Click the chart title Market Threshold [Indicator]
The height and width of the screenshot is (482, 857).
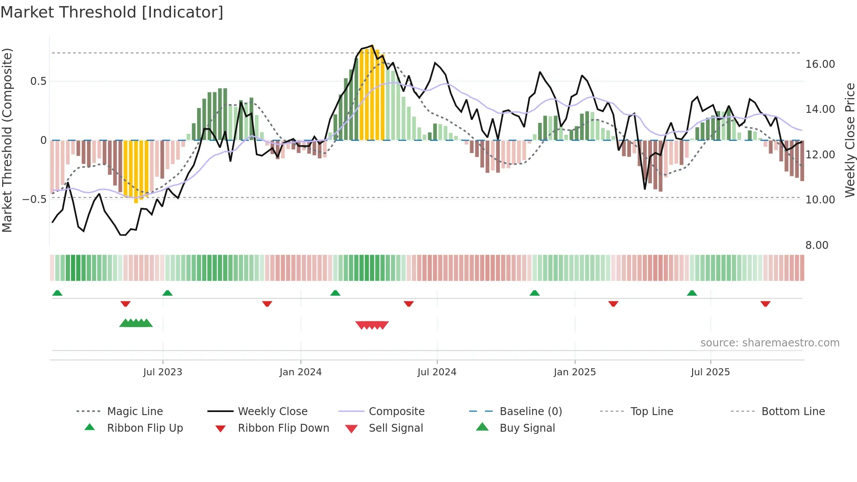click(112, 12)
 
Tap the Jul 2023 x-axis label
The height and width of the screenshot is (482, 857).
click(163, 372)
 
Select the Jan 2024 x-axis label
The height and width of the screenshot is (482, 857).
click(300, 372)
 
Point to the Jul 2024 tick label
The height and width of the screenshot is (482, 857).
click(437, 372)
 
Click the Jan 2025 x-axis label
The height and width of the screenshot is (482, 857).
click(575, 372)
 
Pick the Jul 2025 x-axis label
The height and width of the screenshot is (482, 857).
click(710, 372)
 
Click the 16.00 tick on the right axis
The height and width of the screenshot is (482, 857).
click(820, 64)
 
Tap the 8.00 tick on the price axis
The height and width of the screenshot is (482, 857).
click(817, 245)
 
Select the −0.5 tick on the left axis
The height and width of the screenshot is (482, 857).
click(34, 199)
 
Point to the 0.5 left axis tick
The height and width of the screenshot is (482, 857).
click(38, 81)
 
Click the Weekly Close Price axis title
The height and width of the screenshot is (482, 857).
click(850, 140)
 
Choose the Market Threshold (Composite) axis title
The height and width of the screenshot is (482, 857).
click(7, 140)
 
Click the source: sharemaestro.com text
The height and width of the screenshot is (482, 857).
click(770, 343)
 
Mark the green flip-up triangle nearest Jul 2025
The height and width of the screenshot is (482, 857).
click(692, 293)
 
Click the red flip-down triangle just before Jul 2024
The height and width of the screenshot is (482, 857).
click(409, 304)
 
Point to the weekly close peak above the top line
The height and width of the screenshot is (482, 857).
click(372, 45)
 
